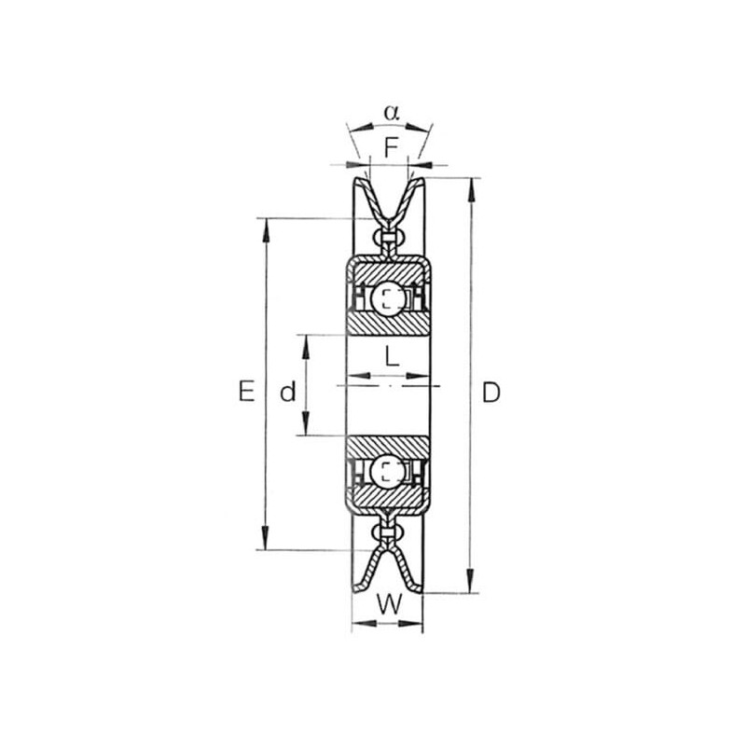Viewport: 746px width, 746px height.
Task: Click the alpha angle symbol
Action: tap(392, 113)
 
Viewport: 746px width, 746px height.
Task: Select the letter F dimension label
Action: tap(391, 147)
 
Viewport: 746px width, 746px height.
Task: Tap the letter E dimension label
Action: tap(246, 391)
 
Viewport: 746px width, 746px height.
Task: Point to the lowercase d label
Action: tap(288, 392)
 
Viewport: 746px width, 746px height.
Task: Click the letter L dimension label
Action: tap(392, 356)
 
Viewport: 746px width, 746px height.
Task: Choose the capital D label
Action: tap(491, 393)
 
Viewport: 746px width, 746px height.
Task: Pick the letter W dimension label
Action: tap(389, 604)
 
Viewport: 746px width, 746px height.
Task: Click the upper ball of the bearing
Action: tap(389, 299)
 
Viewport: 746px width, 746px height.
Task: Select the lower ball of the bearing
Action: tap(388, 472)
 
